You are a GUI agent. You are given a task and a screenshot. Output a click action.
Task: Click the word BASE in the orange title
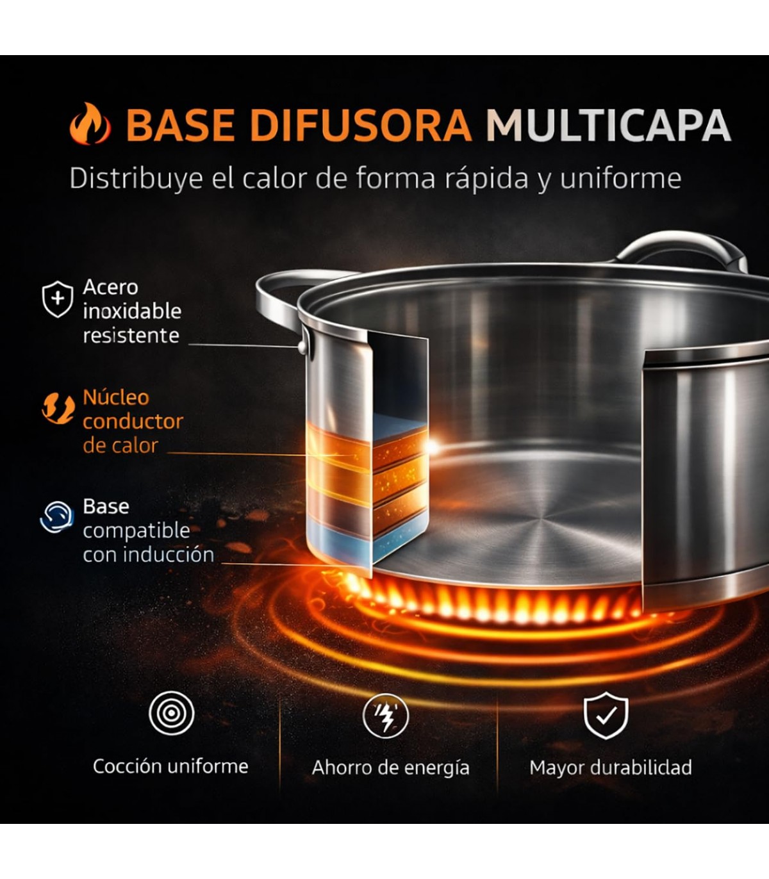pyautogui.click(x=181, y=126)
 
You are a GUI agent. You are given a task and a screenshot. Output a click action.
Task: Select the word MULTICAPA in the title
pyautogui.click(x=608, y=126)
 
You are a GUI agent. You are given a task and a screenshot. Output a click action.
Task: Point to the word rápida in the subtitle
pyautogui.click(x=486, y=179)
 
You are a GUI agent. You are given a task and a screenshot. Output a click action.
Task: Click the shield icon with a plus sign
pyautogui.click(x=58, y=299)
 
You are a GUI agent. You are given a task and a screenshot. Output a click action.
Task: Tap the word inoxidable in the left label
pyautogui.click(x=132, y=311)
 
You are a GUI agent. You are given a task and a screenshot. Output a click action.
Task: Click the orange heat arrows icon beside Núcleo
pyautogui.click(x=58, y=407)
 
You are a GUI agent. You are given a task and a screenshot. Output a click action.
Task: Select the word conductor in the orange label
pyautogui.click(x=133, y=422)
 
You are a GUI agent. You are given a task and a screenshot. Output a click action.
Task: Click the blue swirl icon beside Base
pyautogui.click(x=57, y=517)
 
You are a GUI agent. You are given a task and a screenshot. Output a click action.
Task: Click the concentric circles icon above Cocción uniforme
pyautogui.click(x=171, y=713)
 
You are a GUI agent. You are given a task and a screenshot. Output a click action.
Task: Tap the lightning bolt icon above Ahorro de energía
pyautogui.click(x=385, y=716)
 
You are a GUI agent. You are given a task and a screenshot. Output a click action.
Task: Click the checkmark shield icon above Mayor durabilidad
pyautogui.click(x=606, y=716)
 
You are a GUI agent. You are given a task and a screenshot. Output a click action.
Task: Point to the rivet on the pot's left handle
pyautogui.click(x=303, y=346)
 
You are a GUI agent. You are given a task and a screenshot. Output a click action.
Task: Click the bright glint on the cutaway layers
pyautogui.click(x=432, y=447)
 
